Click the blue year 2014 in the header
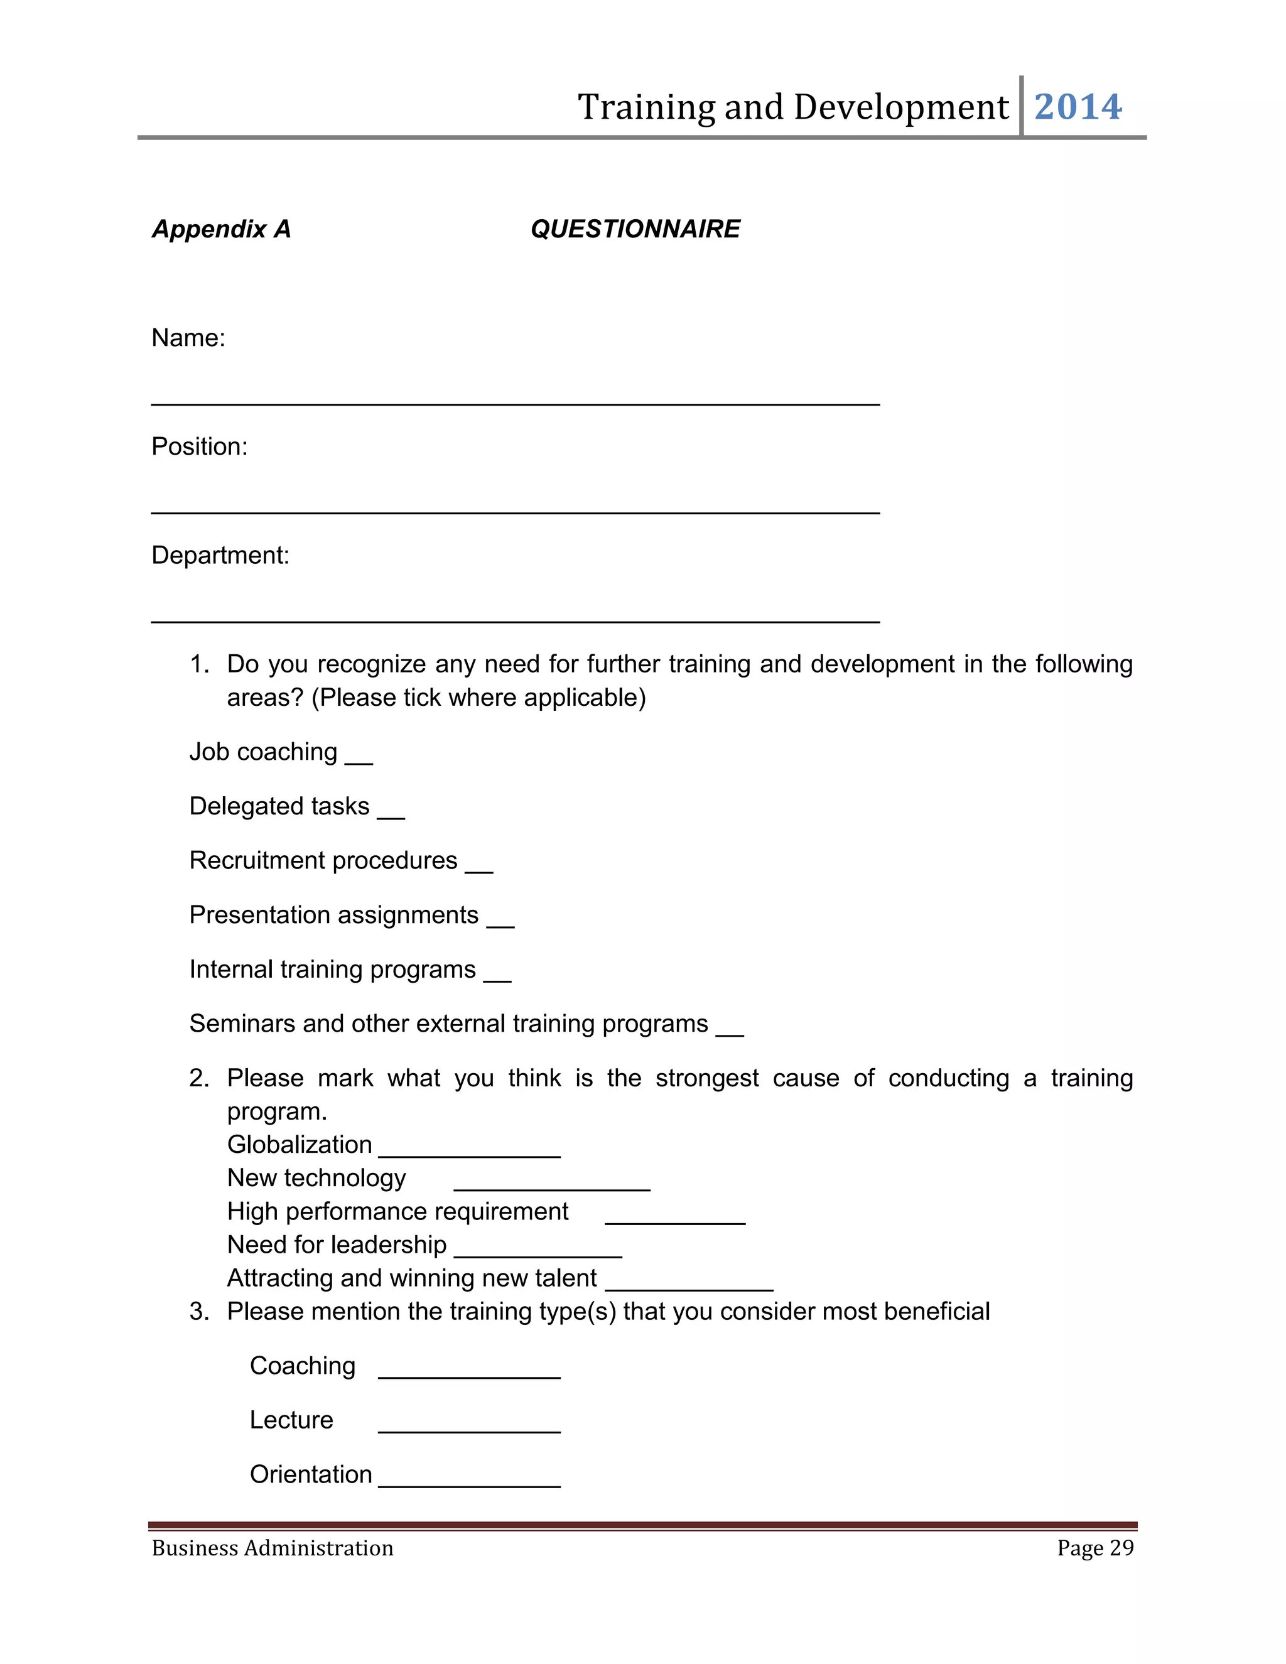(1078, 107)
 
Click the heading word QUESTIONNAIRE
(635, 229)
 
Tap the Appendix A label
(221, 229)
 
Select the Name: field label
(188, 338)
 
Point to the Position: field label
(200, 446)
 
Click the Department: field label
(220, 556)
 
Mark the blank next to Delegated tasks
(391, 813)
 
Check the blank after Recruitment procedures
(479, 867)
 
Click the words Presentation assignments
(333, 914)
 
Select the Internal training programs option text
(332, 969)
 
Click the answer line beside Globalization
(469, 1152)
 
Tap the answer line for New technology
(551, 1185)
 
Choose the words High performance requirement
(397, 1211)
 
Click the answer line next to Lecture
(469, 1427)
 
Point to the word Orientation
(311, 1474)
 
